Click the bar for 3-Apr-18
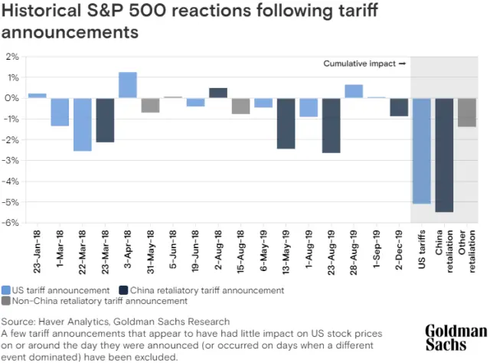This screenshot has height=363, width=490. [128, 85]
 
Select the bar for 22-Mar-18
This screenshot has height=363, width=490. [83, 124]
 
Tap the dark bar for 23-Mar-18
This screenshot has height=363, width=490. [105, 120]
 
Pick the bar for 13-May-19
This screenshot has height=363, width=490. [286, 123]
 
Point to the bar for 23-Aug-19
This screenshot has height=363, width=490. [332, 126]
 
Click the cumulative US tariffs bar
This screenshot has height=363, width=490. [422, 151]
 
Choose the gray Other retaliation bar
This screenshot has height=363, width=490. [466, 113]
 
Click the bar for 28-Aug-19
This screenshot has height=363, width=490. [354, 91]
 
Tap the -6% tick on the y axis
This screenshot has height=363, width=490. [11, 223]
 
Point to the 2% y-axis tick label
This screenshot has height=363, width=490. [12, 57]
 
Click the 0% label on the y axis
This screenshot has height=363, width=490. [12, 98]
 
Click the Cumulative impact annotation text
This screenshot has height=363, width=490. [360, 64]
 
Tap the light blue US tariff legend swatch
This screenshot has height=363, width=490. [6, 290]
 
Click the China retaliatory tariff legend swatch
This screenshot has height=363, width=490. [124, 290]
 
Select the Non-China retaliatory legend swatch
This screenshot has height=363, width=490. [6, 301]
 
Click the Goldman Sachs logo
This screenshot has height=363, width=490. [456, 338]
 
